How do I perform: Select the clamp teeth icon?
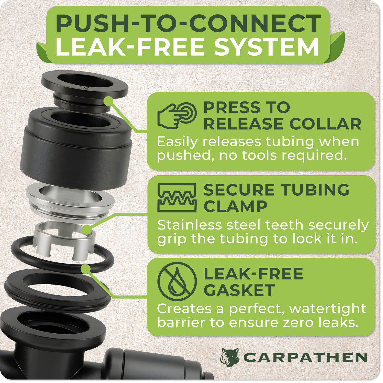pos(177,198)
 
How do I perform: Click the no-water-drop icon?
pos(177,282)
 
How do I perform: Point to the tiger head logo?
pos(230,357)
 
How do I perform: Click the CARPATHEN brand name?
pos(305,358)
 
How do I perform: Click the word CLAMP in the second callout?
pos(235,206)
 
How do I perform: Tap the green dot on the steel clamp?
pos(87,230)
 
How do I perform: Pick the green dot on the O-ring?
pos(86,269)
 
